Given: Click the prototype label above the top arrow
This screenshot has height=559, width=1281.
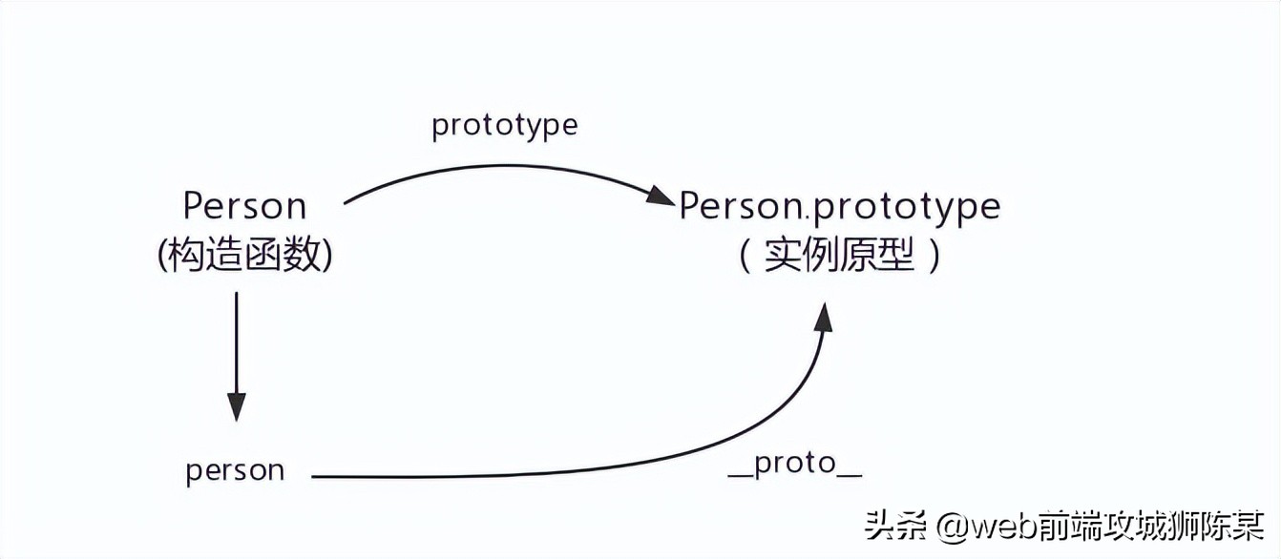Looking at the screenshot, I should click(504, 126).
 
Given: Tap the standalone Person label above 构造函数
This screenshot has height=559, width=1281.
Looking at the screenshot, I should click(244, 206).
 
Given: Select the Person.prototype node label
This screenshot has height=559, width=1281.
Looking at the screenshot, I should click(839, 206).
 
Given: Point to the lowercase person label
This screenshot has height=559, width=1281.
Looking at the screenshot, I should click(235, 470).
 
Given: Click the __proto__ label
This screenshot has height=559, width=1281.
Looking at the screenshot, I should click(795, 466).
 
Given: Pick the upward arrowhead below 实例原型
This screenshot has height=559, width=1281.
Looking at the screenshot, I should click(823, 317).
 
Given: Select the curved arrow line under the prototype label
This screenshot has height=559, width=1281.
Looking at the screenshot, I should click(496, 169).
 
